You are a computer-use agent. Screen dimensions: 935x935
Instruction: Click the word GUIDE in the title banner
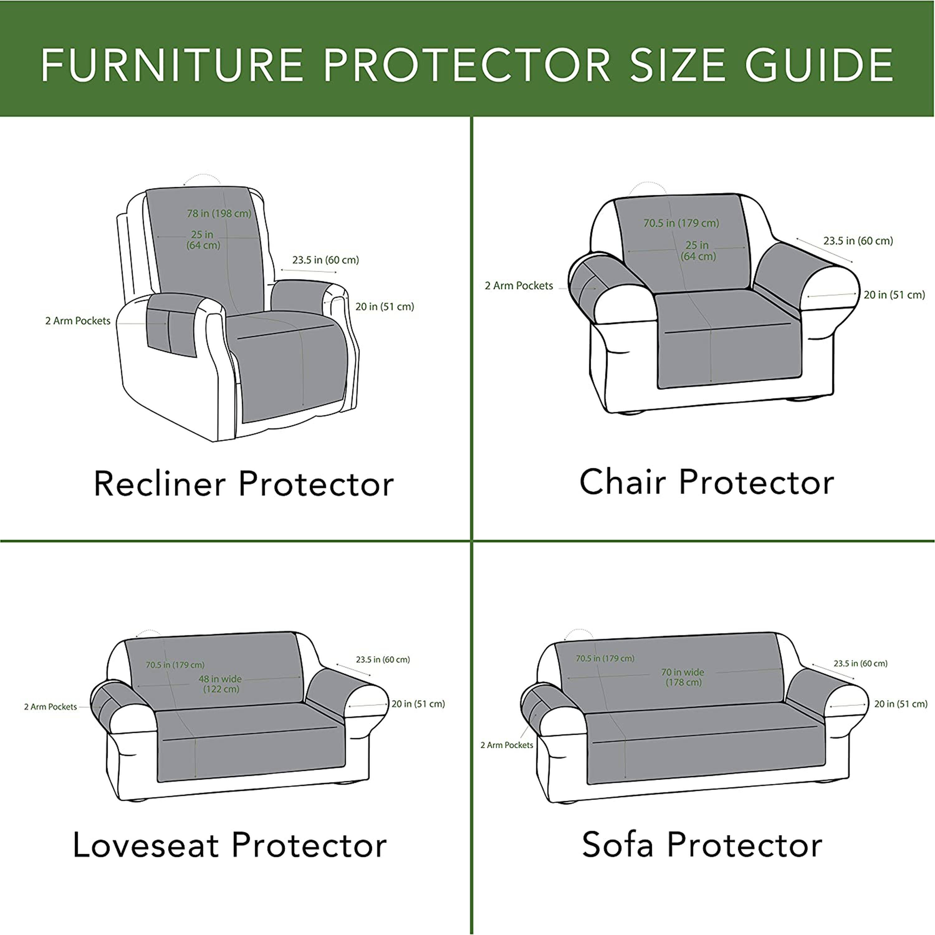[x=818, y=65]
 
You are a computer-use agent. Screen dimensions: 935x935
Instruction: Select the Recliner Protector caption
[x=243, y=484]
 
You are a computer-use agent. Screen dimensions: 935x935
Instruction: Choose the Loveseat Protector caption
[x=230, y=845]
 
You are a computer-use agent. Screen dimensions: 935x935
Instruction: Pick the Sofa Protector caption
[x=702, y=845]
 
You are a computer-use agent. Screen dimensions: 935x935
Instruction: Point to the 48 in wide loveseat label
[x=221, y=684]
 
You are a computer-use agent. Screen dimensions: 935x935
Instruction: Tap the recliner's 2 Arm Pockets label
[x=78, y=321]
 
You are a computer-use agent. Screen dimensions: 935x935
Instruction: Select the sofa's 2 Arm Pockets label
[x=507, y=745]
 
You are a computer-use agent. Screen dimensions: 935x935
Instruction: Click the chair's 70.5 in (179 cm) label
[x=681, y=223]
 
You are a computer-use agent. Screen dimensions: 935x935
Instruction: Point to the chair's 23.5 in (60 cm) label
[x=858, y=241]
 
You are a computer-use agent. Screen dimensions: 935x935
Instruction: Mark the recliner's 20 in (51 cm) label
[x=385, y=306]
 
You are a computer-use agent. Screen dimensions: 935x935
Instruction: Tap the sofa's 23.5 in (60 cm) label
[x=861, y=664]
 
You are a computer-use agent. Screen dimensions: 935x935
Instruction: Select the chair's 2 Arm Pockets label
[x=519, y=285]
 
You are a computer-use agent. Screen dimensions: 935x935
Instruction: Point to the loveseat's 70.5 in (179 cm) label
[x=175, y=665]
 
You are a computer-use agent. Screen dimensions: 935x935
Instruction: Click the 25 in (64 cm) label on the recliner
[x=203, y=240]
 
